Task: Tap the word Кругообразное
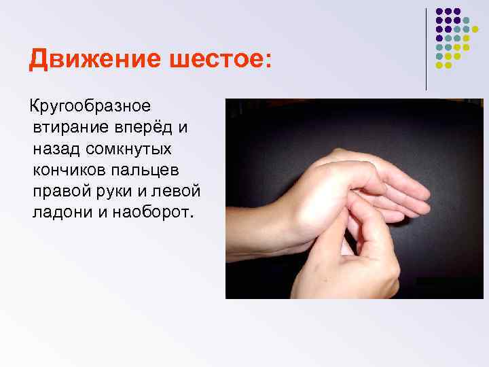pos(88,107)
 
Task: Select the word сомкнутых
pos(132,149)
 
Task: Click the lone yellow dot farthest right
pos(475,29)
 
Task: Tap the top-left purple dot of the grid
pos(439,12)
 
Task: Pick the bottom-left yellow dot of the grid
pos(439,65)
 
